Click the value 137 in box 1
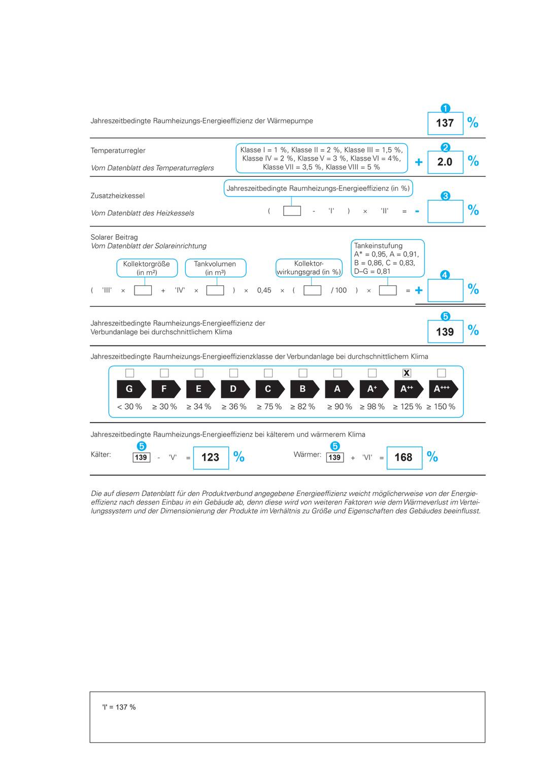[445, 123]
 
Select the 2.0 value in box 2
[445, 162]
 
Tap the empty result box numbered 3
[445, 211]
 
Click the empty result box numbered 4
[445, 291]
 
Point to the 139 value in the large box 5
[445, 332]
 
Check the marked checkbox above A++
[407, 373]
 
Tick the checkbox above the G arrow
[129, 373]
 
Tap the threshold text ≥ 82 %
[302, 407]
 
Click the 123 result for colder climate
[210, 457]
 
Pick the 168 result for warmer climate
[403, 457]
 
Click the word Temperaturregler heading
[118, 150]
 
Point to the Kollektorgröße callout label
[147, 268]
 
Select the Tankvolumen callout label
[215, 268]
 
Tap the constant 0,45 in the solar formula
[264, 291]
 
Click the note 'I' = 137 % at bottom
[119, 707]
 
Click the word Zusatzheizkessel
[118, 196]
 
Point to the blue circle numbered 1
[445, 108]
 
